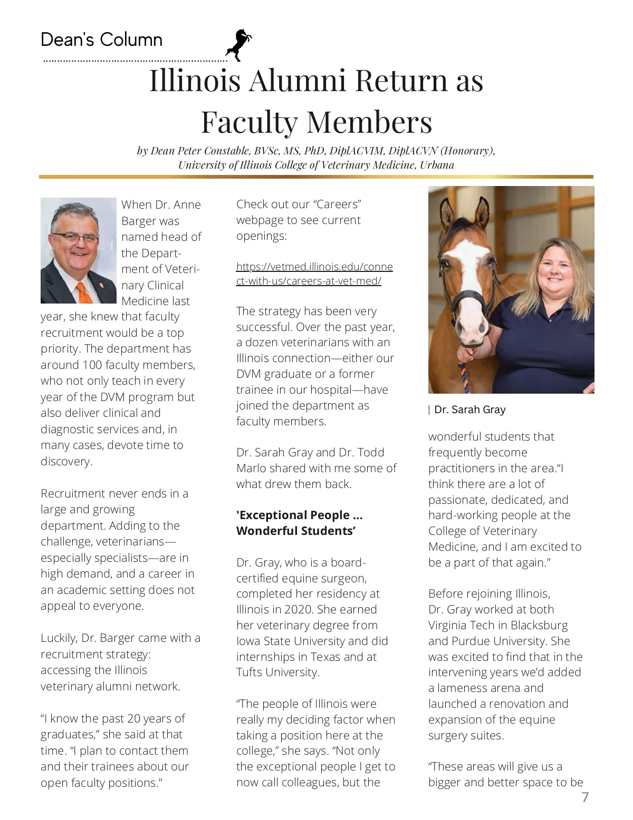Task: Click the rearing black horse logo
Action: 238,45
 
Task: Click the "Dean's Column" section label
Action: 101,40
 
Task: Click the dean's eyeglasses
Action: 75,237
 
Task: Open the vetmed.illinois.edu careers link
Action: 314,274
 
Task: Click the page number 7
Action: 584,797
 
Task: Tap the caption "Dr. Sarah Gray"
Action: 470,409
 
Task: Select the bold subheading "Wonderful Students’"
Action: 296,531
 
